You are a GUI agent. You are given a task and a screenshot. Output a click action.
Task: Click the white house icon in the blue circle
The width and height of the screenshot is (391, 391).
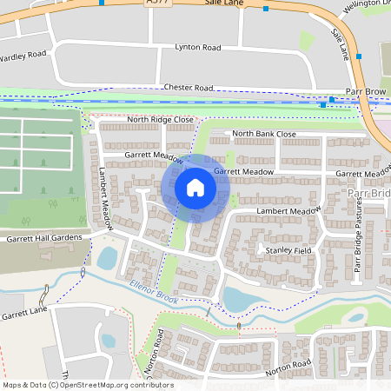point(195,188)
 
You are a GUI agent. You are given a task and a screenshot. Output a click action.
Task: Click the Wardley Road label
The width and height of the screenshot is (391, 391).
point(23,56)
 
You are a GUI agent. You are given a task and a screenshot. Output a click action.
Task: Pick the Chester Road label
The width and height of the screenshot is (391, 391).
point(189,88)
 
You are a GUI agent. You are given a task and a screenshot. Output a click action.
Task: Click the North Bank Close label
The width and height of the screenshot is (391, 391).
point(264,134)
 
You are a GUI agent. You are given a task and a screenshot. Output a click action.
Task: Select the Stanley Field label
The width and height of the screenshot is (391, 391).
point(288,250)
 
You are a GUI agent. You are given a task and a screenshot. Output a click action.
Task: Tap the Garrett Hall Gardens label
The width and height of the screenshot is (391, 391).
point(44,237)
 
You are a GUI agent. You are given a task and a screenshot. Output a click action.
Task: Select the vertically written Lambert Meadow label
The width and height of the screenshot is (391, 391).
point(105,198)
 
